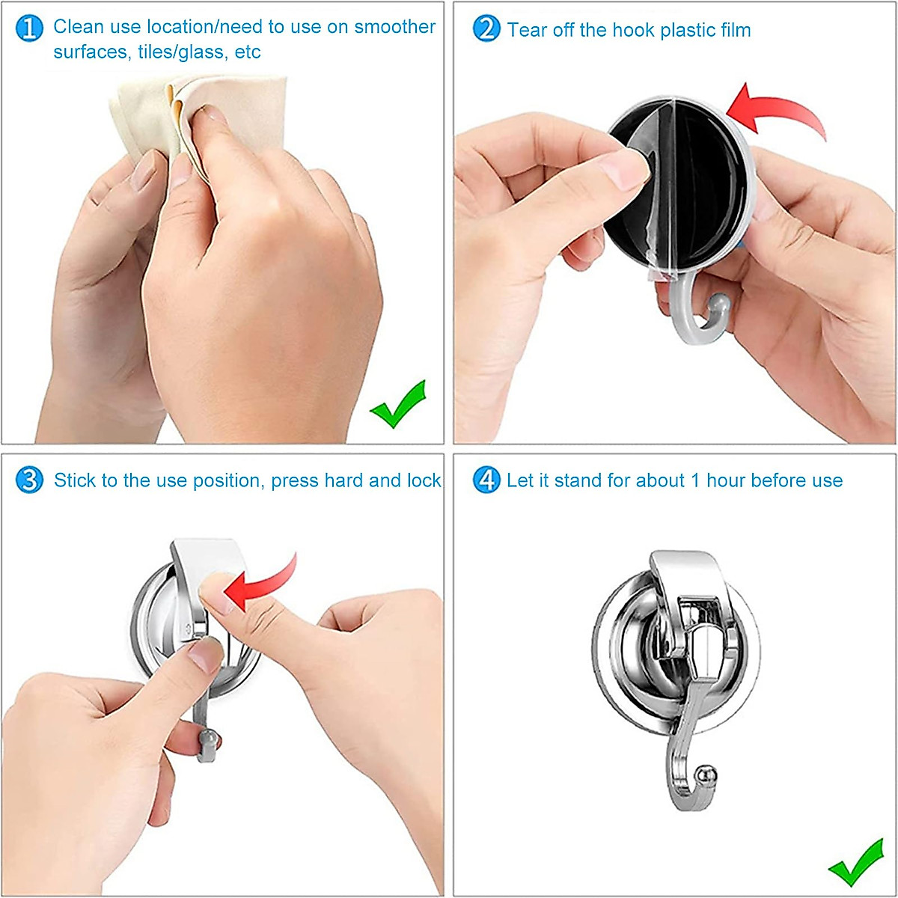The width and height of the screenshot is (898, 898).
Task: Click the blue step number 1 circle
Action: [x=29, y=28]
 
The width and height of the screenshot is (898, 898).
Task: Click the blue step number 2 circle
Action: [x=486, y=29]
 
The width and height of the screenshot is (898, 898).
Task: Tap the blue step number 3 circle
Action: [x=29, y=480]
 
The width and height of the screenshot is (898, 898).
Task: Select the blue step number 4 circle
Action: [x=486, y=480]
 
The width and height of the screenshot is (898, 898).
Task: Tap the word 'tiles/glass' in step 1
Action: [x=180, y=52]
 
